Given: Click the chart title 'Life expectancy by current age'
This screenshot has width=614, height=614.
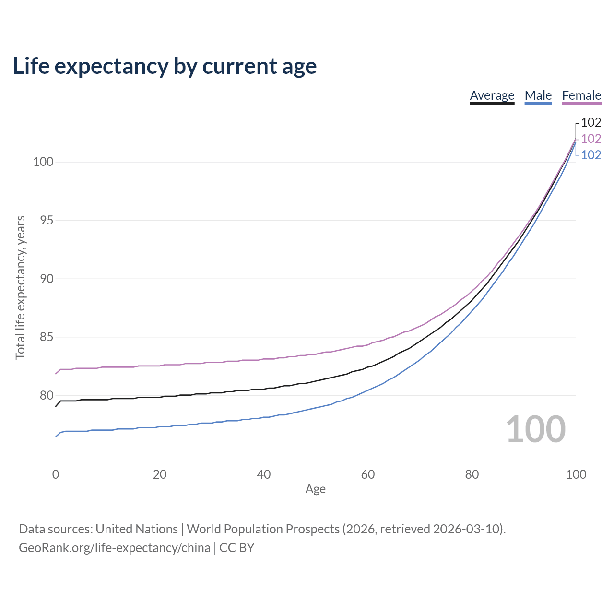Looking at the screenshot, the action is point(165,66).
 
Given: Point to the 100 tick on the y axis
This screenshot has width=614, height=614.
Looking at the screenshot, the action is point(43,162).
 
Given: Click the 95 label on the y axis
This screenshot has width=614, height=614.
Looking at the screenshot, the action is point(47,220).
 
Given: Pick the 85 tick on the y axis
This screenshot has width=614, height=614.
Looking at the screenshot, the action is point(47,337).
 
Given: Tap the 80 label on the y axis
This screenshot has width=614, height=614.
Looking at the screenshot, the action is point(47,395).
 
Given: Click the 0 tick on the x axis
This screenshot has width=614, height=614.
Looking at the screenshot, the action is point(56,474).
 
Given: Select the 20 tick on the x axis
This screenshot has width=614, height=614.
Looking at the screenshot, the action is point(160,474).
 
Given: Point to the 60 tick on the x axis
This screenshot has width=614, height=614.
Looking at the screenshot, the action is point(368,474).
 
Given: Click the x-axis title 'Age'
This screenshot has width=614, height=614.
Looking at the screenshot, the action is point(316,489).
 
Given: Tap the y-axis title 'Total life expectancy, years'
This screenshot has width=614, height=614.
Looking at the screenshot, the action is point(20,288).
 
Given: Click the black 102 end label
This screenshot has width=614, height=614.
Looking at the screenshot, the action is point(591,122).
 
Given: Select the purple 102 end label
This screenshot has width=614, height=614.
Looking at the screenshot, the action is point(591,139).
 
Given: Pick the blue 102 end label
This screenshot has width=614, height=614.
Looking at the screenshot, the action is point(591,155).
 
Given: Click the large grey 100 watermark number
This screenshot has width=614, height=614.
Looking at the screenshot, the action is point(536,429).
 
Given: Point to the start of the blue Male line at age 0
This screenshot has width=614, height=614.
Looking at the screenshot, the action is point(56,437).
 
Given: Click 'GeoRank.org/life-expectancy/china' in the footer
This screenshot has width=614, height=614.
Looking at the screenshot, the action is point(115,548).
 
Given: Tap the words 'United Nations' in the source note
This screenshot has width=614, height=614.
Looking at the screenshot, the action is point(137,529).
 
